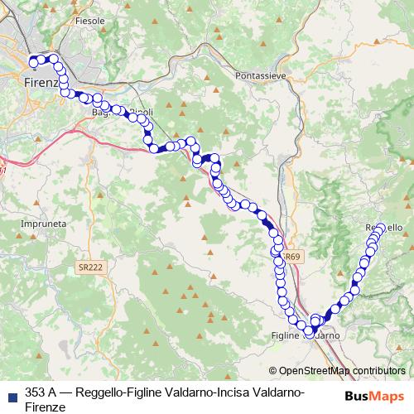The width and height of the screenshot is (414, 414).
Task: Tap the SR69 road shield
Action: (291, 258)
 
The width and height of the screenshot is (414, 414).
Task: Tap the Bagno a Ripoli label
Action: (113, 112)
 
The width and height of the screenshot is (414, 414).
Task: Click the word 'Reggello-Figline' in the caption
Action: (122, 392)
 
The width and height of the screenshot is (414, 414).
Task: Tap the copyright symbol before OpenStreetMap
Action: (272, 370)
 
